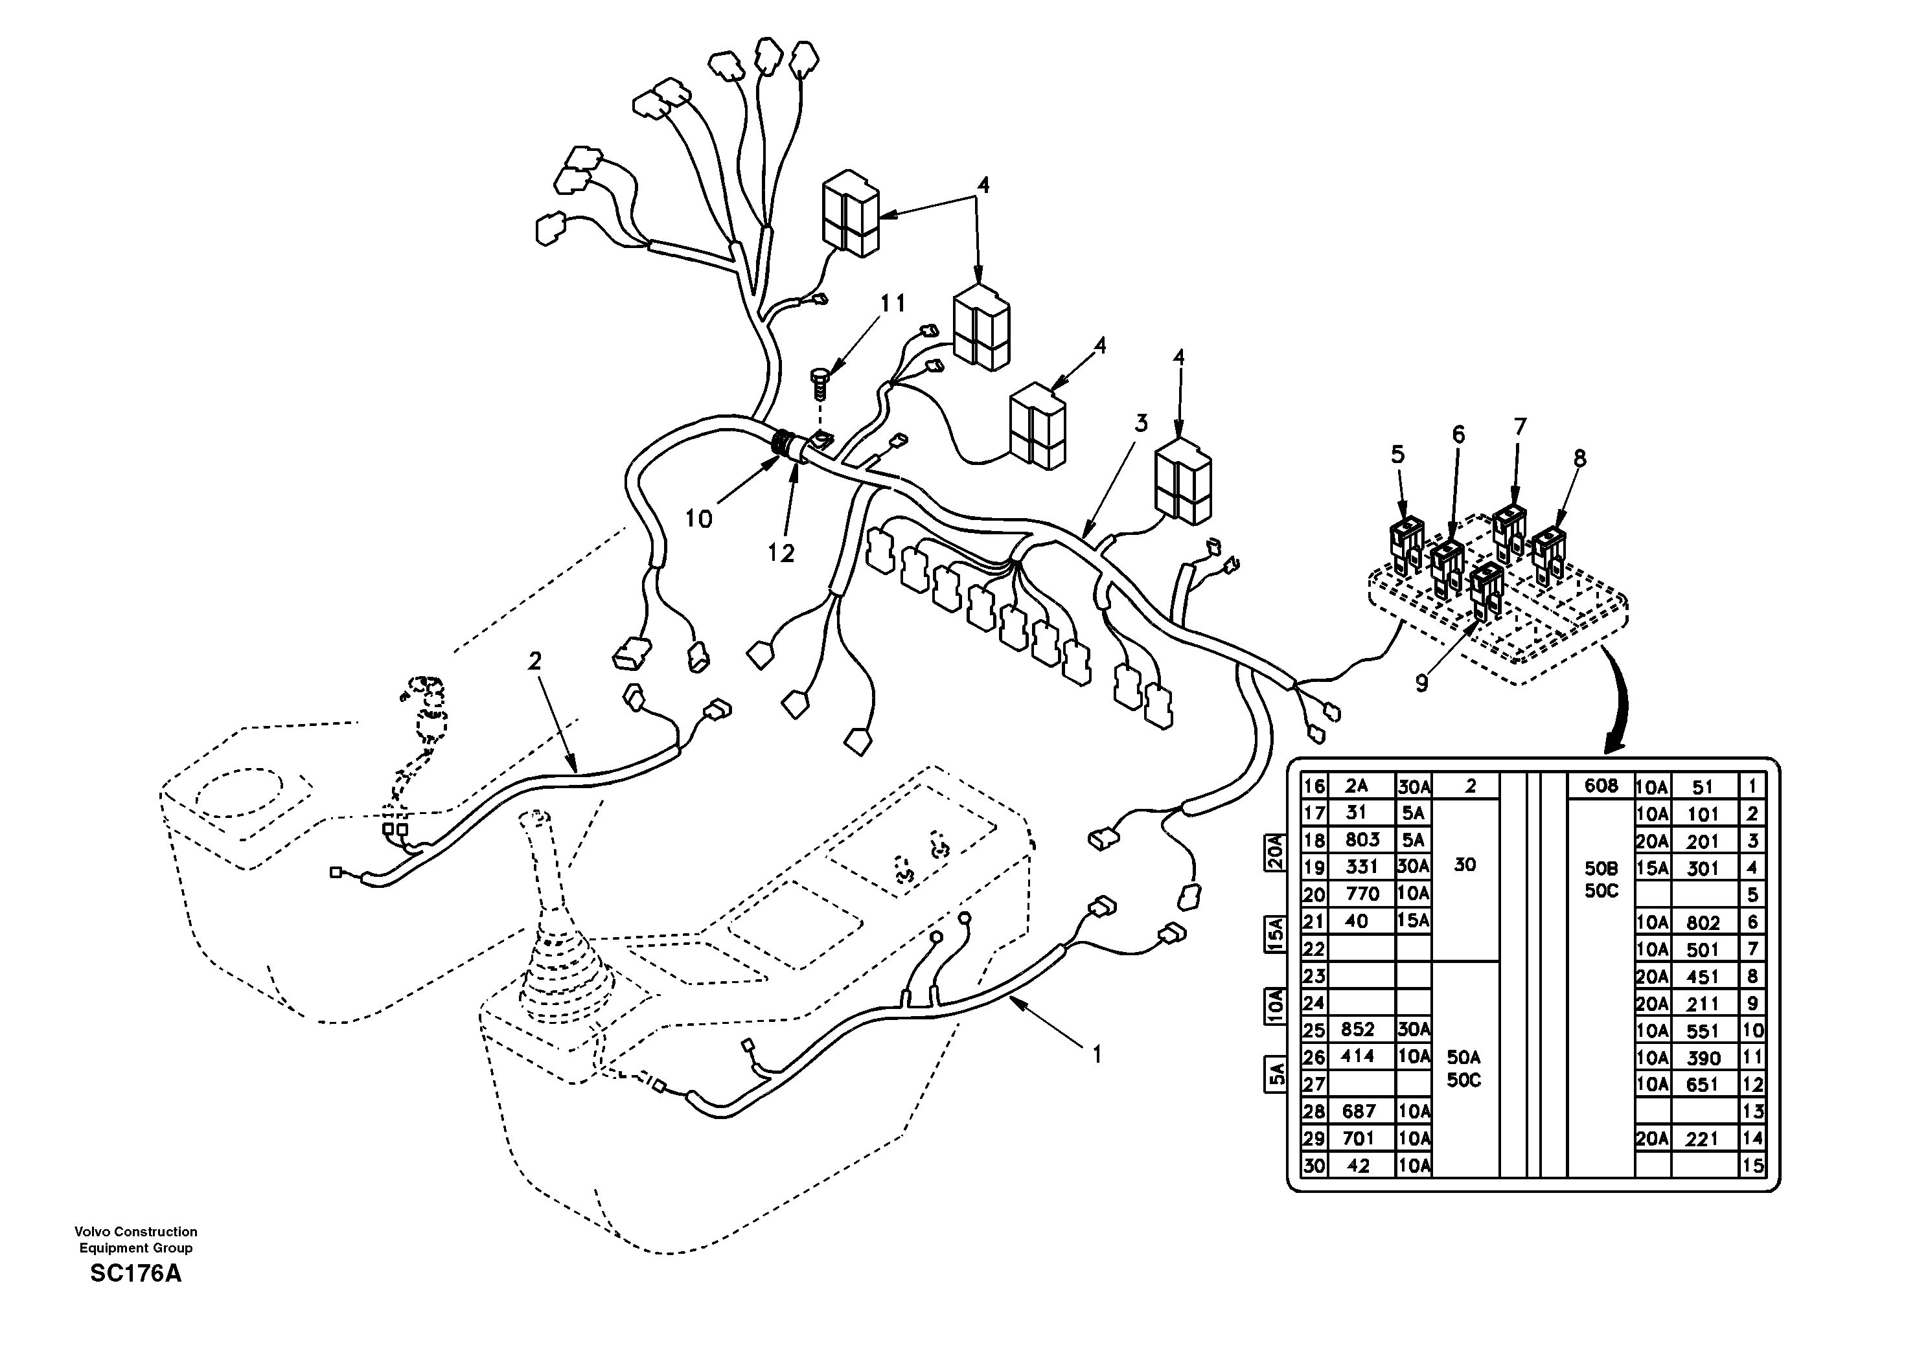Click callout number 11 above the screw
(893, 303)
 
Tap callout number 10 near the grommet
(698, 519)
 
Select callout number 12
(780, 553)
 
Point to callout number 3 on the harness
(1140, 423)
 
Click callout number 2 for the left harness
(535, 661)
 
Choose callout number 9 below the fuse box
(1421, 683)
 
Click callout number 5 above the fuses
(1397, 454)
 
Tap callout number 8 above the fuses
(1580, 459)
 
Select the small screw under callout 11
(820, 381)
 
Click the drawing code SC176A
(135, 1273)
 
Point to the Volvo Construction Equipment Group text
(135, 1238)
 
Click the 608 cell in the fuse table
(1600, 786)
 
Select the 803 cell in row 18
(1361, 839)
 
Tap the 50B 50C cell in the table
(1600, 879)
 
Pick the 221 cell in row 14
(1703, 1139)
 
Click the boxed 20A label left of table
(1275, 852)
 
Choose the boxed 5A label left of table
(1275, 1074)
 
